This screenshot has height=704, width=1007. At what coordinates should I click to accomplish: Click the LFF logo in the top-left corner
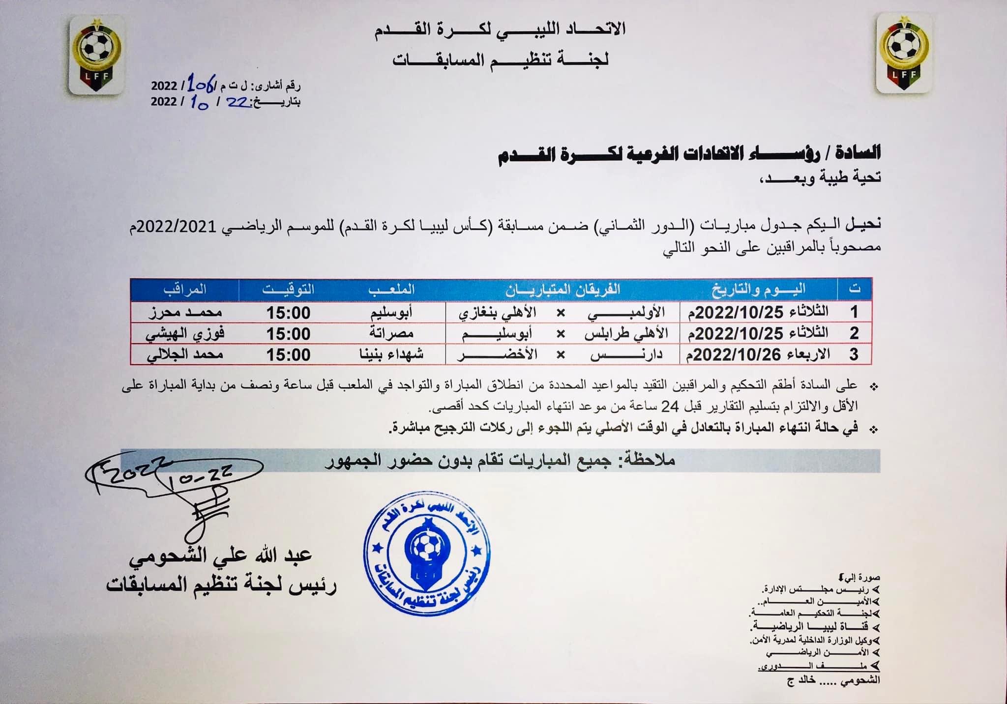coord(97,55)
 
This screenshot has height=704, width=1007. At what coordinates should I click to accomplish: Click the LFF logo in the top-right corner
coord(903,54)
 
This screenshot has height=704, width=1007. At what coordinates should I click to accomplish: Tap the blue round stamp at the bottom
coord(427,554)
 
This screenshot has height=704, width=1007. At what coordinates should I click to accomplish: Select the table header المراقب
coord(184,289)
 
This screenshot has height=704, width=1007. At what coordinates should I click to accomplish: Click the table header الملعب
coord(391,289)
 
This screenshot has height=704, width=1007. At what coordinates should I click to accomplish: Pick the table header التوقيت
coord(288,289)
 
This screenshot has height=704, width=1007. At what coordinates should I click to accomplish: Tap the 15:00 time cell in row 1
coord(288,313)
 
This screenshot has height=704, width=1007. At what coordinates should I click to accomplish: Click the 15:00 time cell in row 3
coord(288,354)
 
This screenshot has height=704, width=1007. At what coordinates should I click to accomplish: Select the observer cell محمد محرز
coord(184,313)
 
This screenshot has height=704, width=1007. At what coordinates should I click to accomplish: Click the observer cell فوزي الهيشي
coord(184,334)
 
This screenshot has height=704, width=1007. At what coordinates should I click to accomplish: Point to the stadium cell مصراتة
coord(391,334)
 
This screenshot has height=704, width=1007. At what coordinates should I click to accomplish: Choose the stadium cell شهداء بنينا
coord(391,354)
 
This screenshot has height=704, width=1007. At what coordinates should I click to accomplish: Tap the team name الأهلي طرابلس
coord(626,334)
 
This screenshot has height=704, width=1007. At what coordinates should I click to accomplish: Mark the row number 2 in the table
coord(854,334)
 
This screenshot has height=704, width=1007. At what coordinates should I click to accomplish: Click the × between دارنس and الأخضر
coord(560,354)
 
